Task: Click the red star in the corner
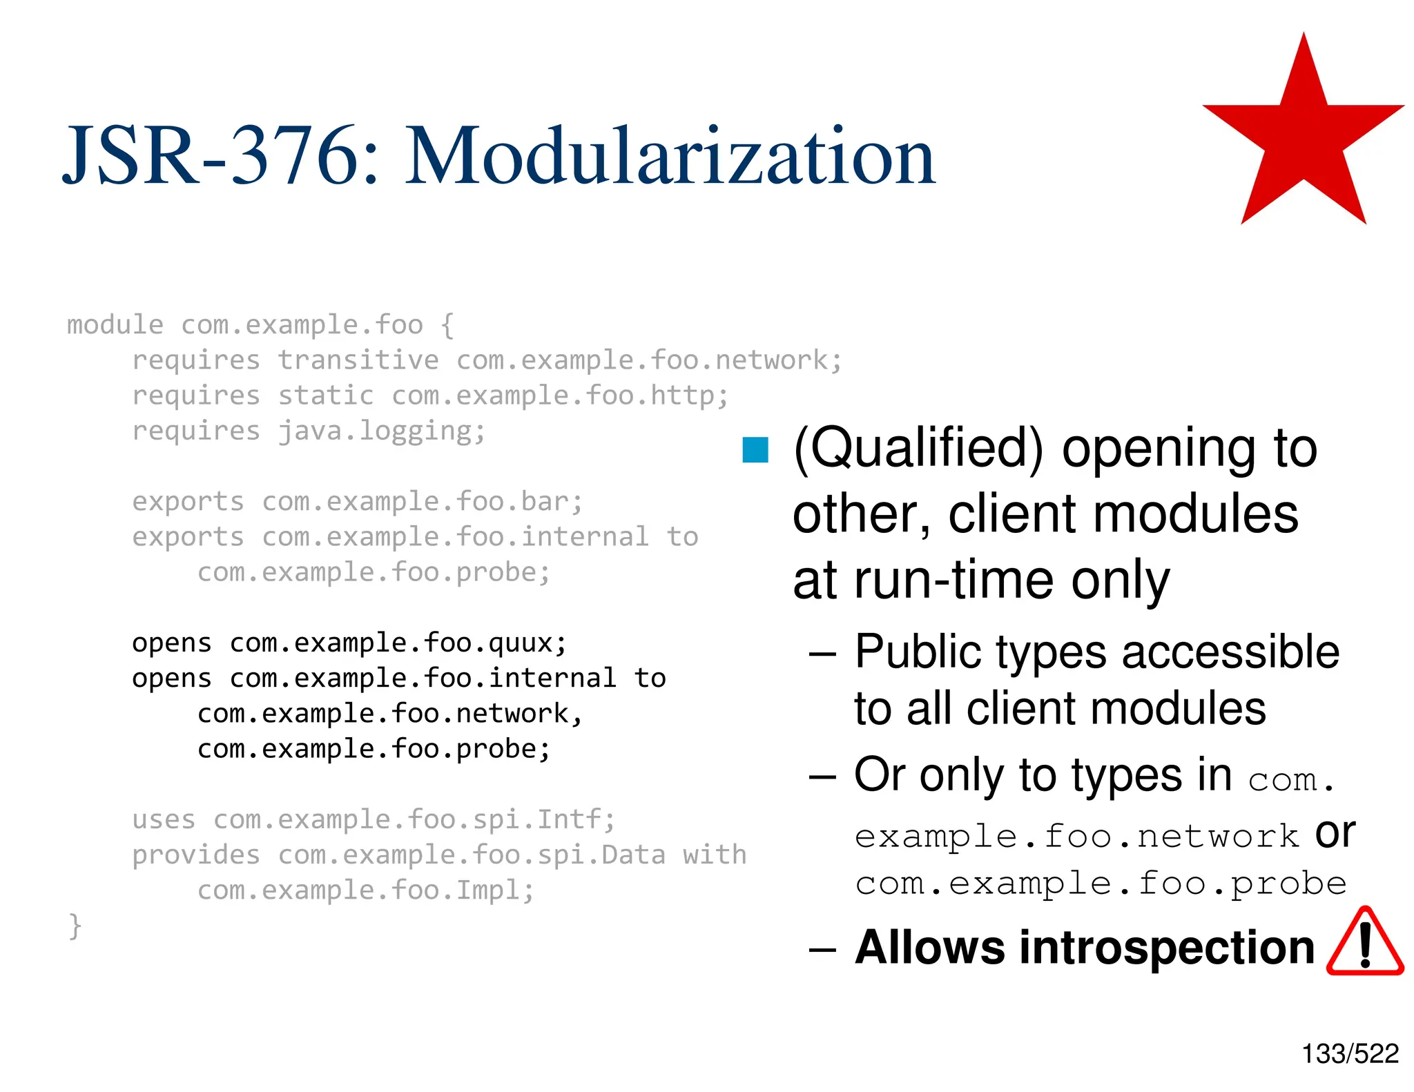1304,138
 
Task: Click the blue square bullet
755,450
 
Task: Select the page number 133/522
1350,1054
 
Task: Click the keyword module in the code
115,324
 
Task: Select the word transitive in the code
358,360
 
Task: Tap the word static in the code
325,396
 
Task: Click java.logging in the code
381,431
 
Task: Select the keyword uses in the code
164,819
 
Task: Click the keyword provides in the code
196,855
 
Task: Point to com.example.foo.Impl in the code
365,890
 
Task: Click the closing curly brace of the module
75,926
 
